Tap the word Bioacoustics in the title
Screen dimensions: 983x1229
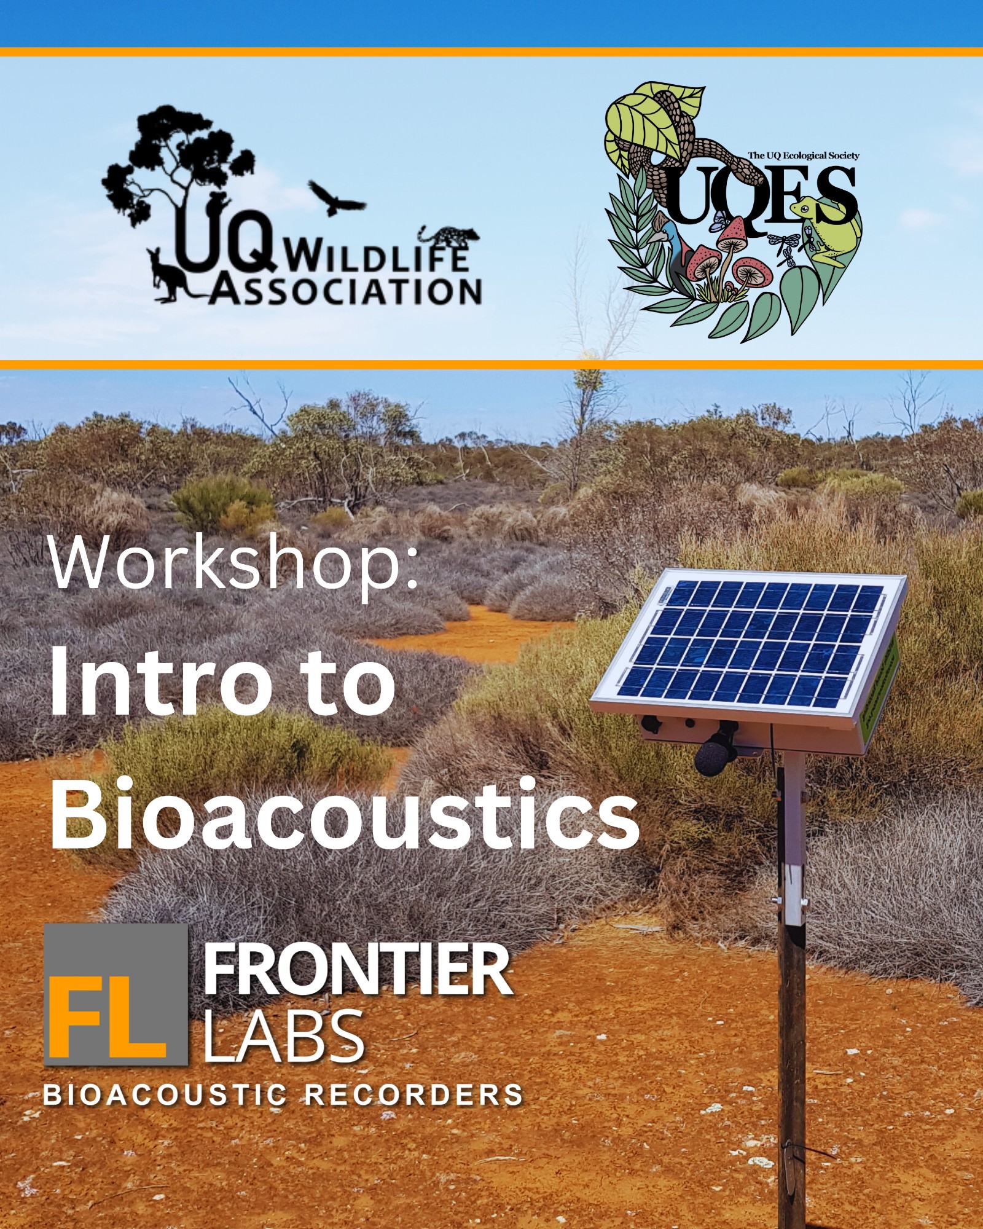pyautogui.click(x=345, y=814)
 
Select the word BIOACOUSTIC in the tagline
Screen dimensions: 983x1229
pyautogui.click(x=164, y=1094)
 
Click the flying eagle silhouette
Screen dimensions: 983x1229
pyautogui.click(x=336, y=197)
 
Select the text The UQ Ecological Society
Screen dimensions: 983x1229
pyautogui.click(x=803, y=155)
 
